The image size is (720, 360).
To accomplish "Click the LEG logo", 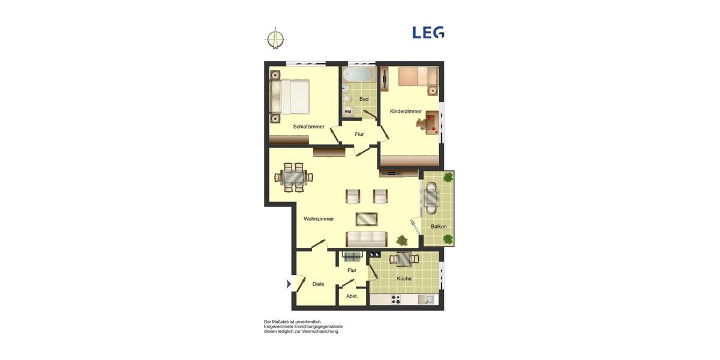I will [428, 32].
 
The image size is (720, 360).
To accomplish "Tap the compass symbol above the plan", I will [275, 38].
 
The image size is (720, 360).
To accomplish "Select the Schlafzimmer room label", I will [308, 127].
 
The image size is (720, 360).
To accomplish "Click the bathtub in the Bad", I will [359, 75].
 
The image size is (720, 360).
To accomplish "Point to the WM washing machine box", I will [348, 112].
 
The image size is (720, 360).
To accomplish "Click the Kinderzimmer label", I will [406, 111].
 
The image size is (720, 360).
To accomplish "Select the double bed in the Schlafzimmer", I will [290, 97].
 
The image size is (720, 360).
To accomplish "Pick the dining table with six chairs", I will [294, 177].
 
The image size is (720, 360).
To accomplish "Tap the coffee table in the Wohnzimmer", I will [367, 218].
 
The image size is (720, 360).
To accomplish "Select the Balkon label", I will [439, 226].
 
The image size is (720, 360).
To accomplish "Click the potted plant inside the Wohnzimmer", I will [401, 241].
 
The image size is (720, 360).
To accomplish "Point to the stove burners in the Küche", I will [396, 299].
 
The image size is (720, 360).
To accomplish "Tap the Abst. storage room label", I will [352, 296].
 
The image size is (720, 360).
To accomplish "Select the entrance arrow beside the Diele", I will [289, 284].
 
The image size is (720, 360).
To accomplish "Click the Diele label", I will [318, 284].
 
